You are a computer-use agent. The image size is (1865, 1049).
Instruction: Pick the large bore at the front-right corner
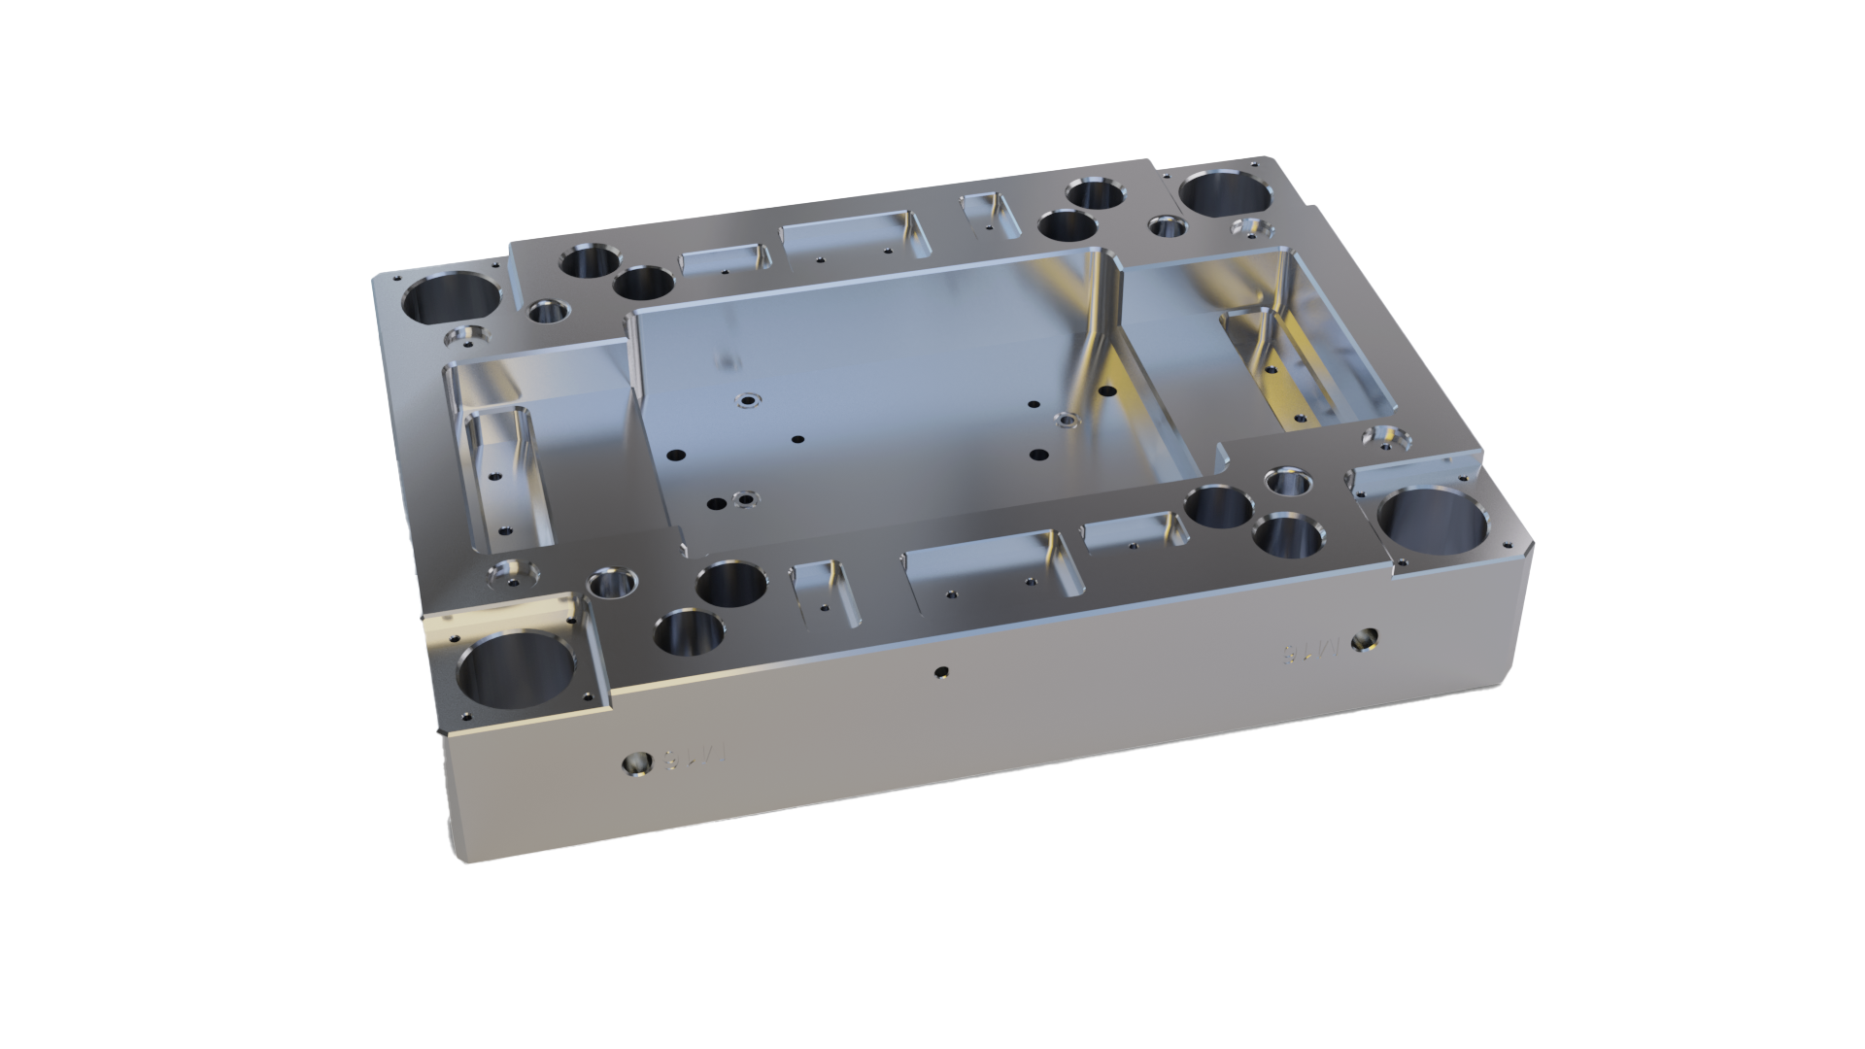[1434, 530]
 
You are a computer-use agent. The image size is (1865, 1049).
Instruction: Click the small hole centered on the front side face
[939, 670]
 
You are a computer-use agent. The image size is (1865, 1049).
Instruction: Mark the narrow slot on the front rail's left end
[825, 592]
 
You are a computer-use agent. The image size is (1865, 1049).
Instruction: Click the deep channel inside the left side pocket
[505, 476]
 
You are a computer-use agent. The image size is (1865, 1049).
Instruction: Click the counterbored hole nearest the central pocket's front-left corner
[746, 499]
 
